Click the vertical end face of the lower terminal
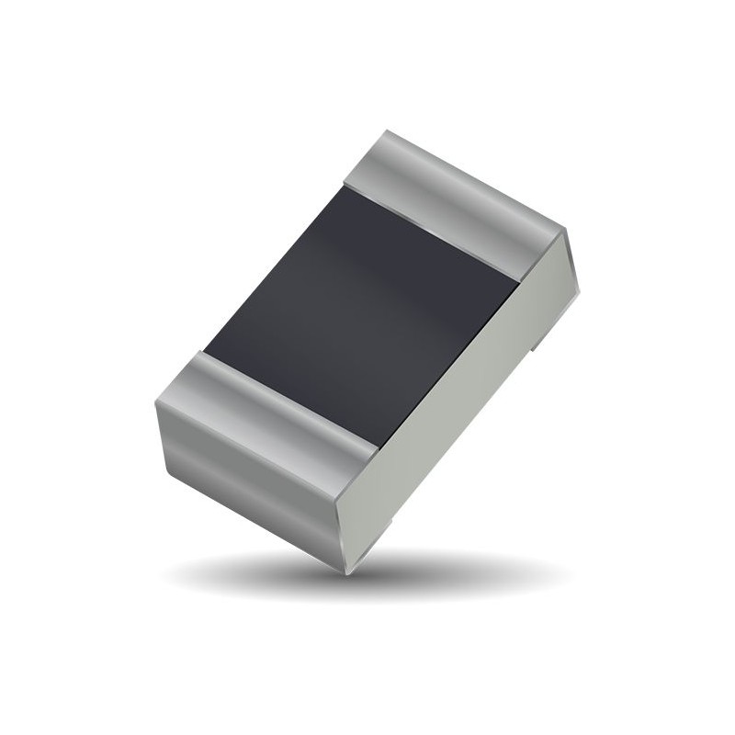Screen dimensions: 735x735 click(x=248, y=487)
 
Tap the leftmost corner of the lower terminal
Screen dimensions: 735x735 click(x=155, y=404)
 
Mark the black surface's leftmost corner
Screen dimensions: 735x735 click(x=203, y=351)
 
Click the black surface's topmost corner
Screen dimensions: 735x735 click(x=345, y=186)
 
